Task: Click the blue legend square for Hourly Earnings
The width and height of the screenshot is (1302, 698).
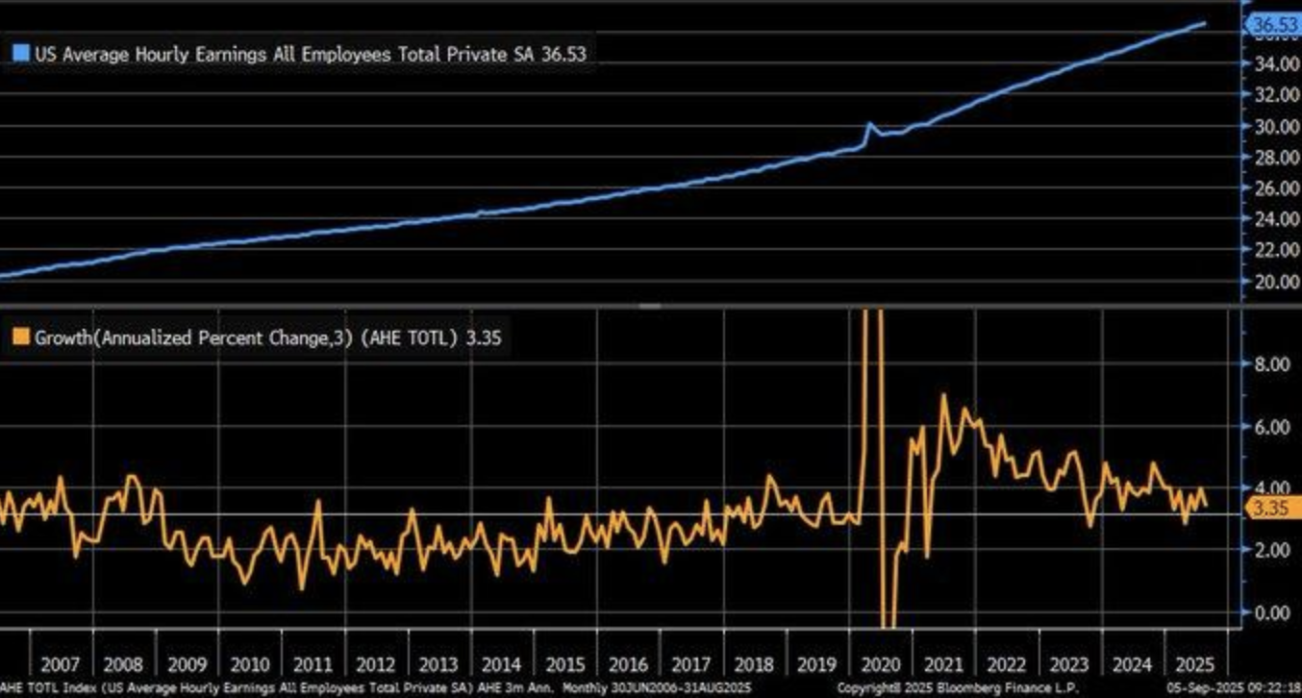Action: (x=21, y=55)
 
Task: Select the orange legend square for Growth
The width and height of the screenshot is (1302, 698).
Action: (x=21, y=337)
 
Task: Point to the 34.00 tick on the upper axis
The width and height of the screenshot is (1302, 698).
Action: (x=1274, y=64)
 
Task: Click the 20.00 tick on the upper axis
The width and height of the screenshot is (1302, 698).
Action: (x=1274, y=282)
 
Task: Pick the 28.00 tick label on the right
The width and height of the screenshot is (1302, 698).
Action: (x=1274, y=158)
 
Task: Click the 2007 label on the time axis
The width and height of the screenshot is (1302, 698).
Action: (x=60, y=664)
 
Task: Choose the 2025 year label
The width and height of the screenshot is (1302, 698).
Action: (x=1196, y=664)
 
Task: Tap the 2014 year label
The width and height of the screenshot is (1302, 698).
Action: (x=501, y=664)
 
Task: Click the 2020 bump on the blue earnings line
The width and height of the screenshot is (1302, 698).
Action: (x=869, y=125)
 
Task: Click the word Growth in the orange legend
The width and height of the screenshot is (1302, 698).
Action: (x=63, y=337)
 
